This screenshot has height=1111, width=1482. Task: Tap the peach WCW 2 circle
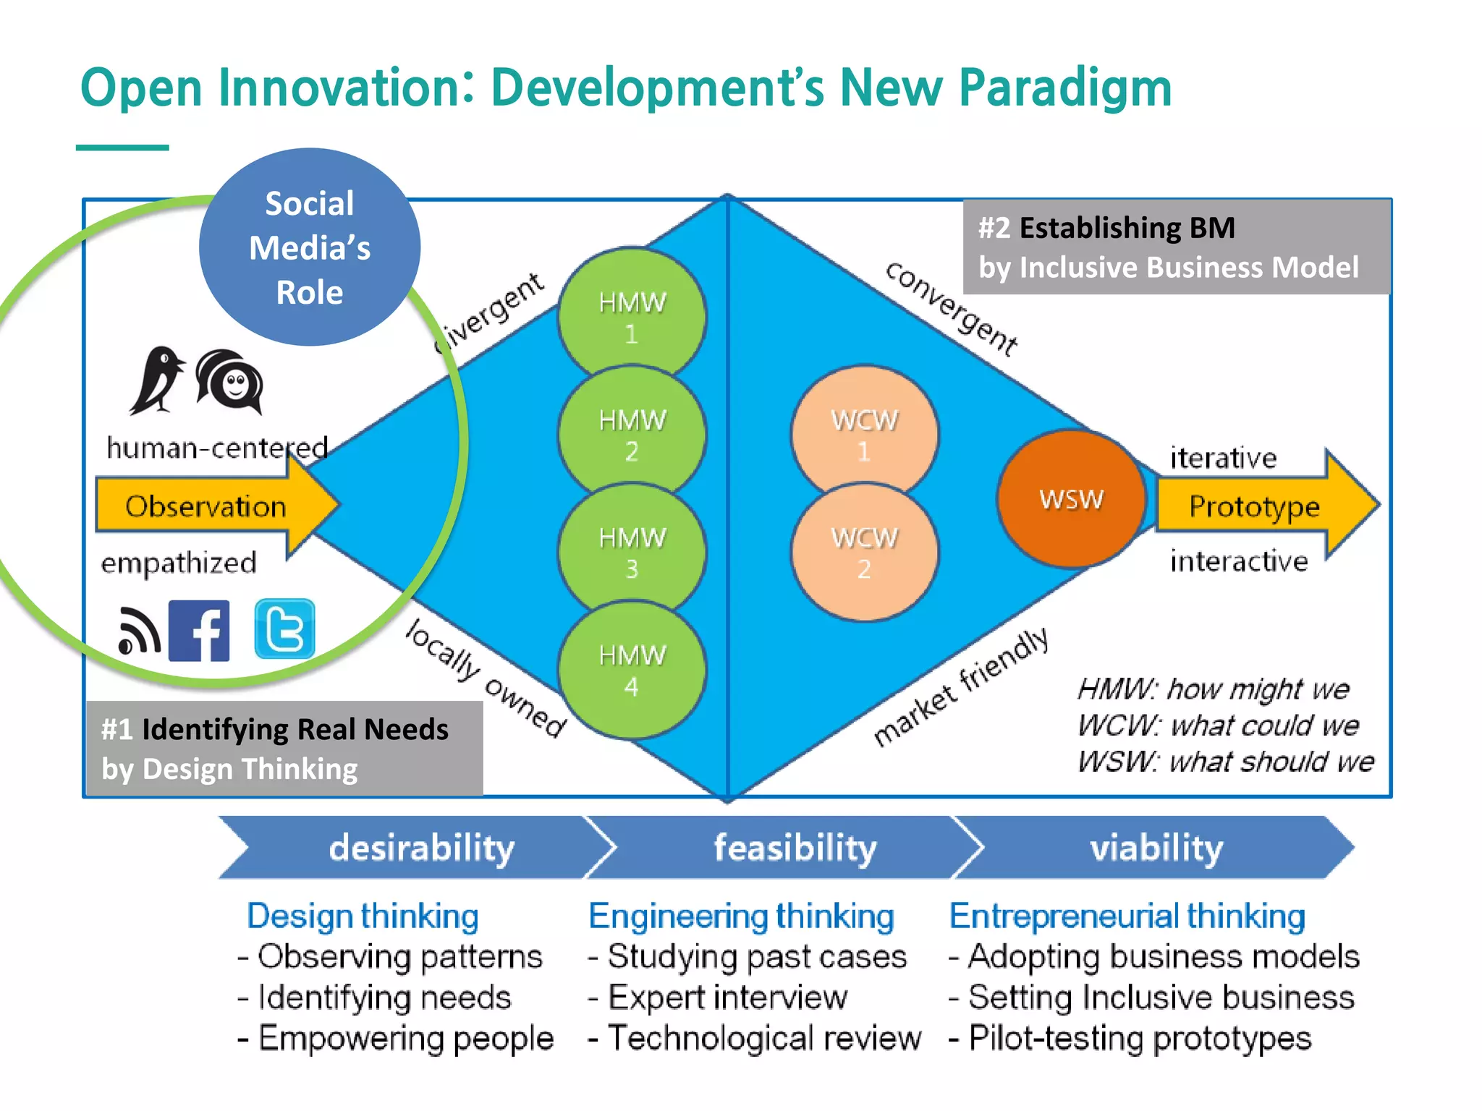864,553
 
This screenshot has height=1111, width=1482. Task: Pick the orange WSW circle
1072,499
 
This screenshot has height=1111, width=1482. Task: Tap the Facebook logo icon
199,631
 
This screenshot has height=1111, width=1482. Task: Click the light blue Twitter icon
284,629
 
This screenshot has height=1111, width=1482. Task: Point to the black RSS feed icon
139,631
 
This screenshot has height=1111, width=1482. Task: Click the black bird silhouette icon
156,379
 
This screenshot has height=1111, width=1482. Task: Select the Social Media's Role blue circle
310,247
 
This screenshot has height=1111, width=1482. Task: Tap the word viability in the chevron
1156,848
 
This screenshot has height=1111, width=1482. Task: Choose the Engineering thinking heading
741,916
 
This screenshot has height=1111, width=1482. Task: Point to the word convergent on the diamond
951,310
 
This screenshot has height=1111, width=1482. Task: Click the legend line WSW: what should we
1224,762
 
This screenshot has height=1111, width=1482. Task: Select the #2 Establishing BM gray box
1176,247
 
